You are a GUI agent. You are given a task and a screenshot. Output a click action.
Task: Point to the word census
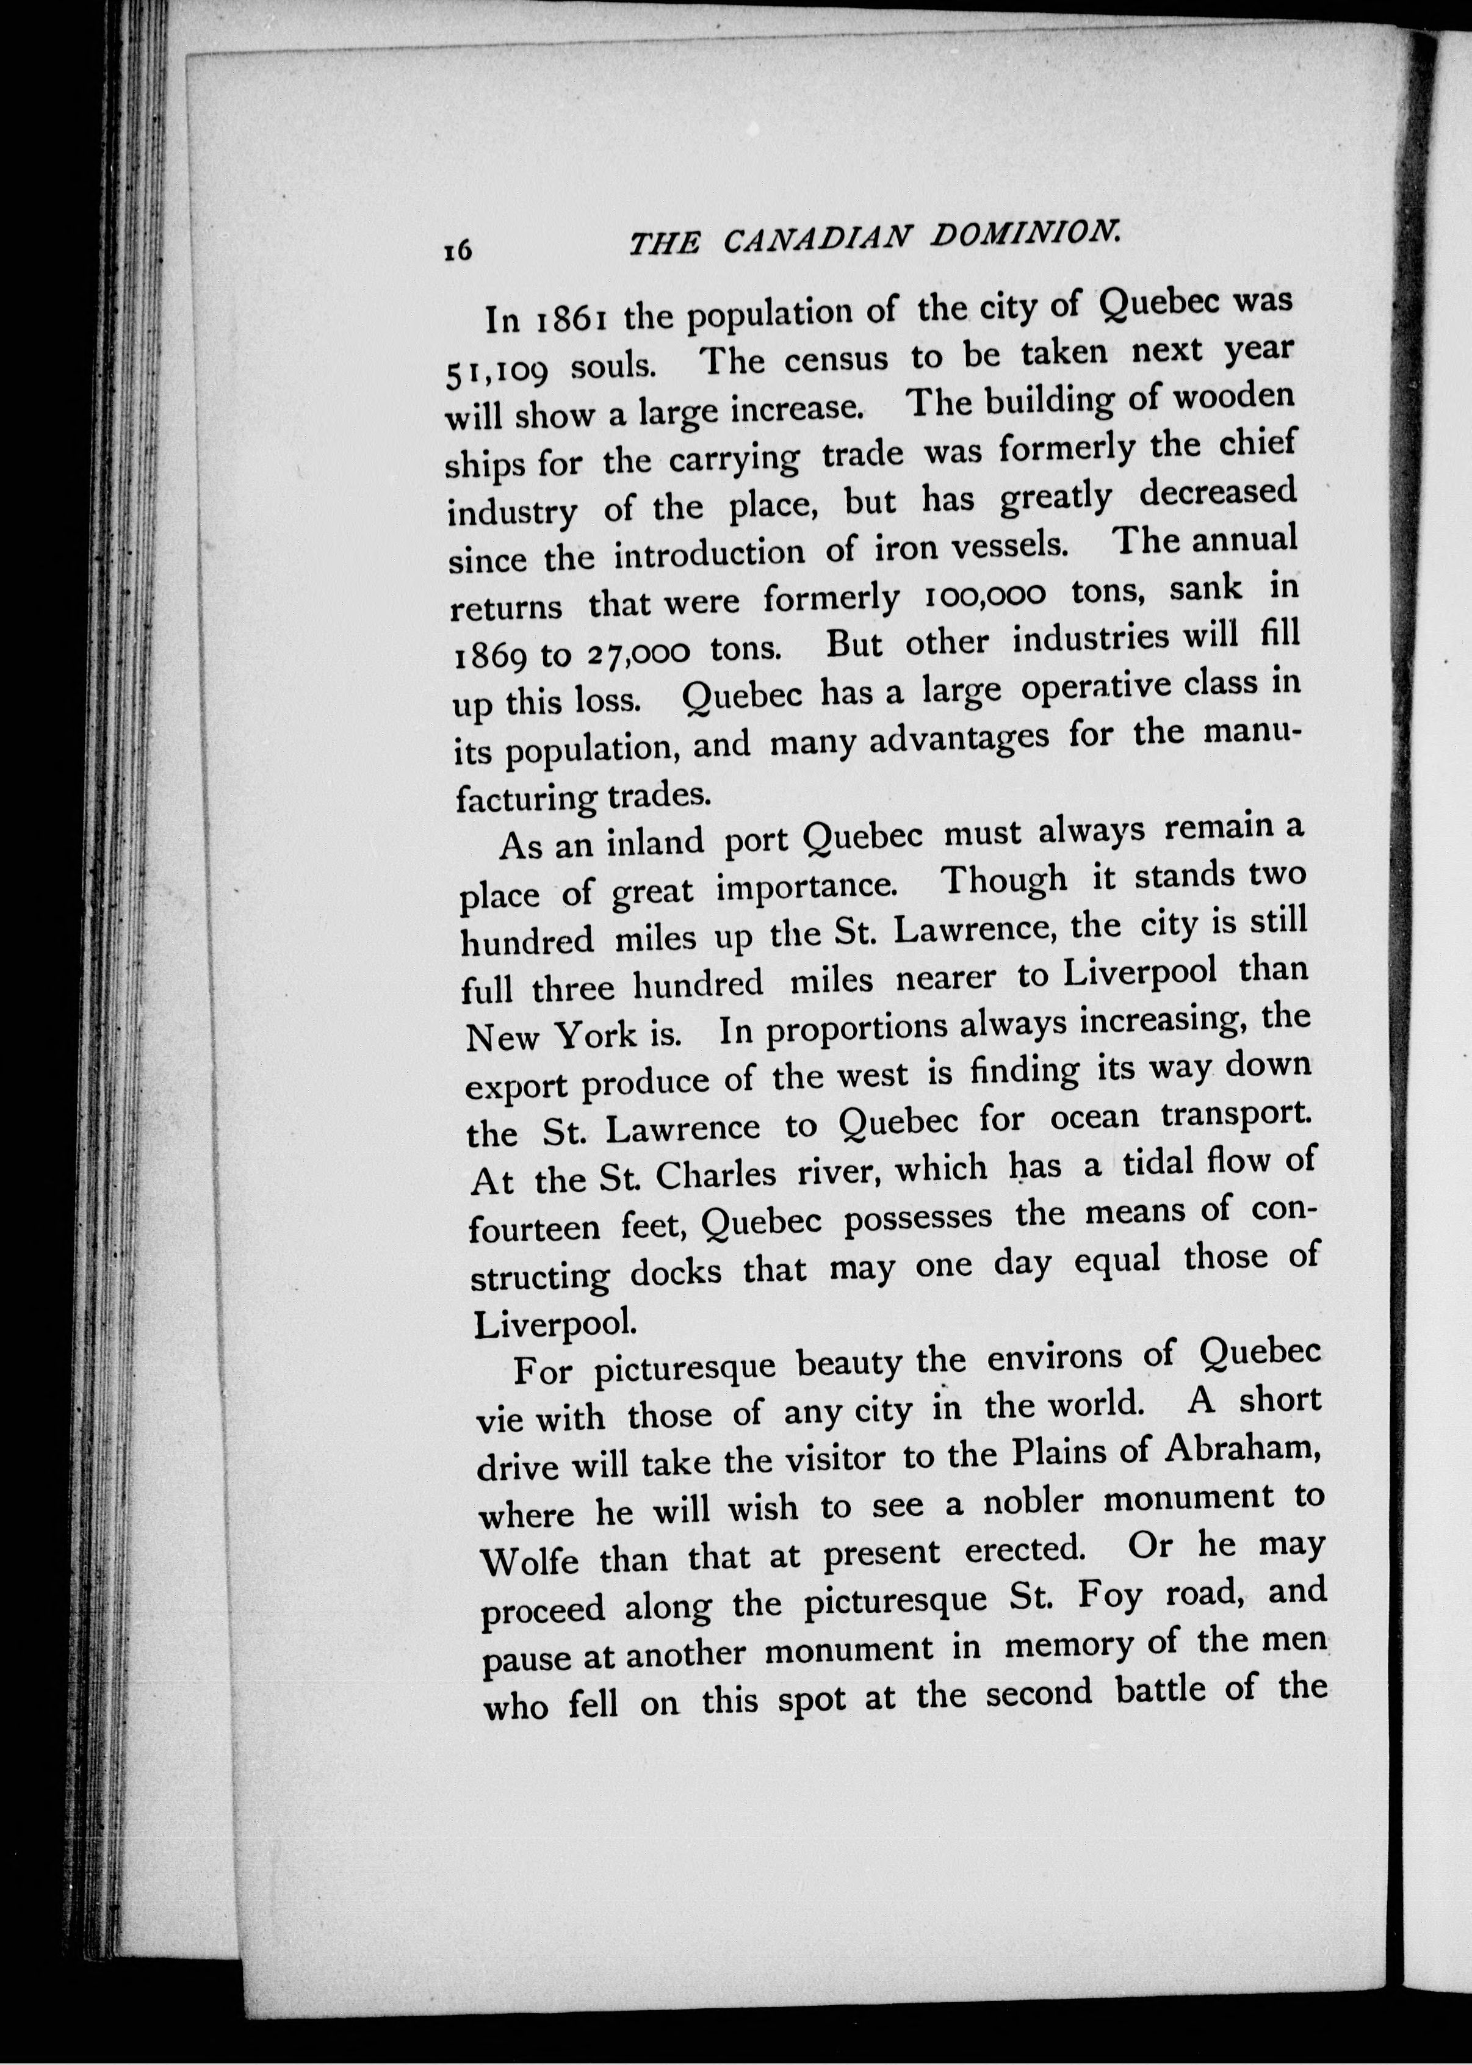tap(835, 358)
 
